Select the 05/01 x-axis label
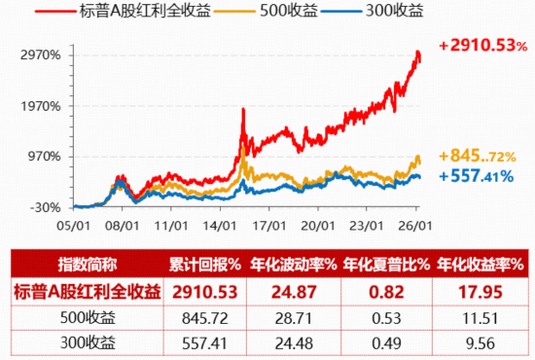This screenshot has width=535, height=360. [74, 224]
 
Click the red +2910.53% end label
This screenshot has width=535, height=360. [480, 46]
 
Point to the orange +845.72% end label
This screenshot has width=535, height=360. [477, 156]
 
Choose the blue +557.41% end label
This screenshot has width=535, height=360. [477, 176]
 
